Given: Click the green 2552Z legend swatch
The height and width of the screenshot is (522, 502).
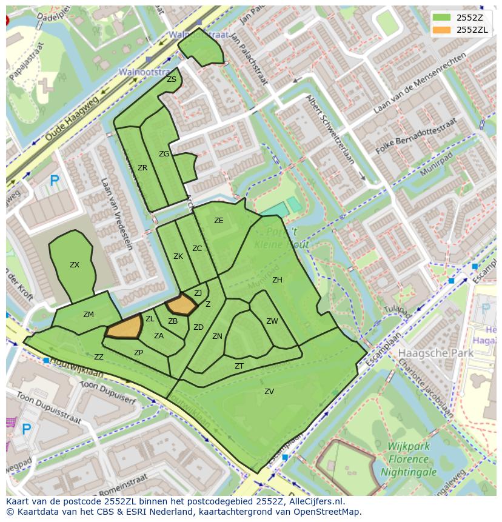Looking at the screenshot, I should [441, 18].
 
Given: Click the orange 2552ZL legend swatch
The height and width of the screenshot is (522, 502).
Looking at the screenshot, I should [441, 30].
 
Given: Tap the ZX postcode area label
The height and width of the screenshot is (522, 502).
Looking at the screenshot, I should [75, 265].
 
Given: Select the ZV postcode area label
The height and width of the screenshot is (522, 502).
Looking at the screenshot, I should [269, 392].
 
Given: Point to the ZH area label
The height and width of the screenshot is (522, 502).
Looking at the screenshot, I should [277, 280].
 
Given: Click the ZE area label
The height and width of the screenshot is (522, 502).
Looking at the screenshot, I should [219, 221].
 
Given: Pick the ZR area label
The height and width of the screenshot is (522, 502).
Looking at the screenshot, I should [142, 168].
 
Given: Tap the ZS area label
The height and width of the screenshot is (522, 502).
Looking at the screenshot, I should [172, 79].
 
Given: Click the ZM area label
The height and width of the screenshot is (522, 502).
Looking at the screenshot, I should [89, 314].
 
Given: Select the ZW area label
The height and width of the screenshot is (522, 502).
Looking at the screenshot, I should [272, 321].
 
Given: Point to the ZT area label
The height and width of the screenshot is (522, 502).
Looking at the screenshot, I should [239, 366].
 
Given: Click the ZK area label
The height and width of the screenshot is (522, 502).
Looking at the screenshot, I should [178, 256].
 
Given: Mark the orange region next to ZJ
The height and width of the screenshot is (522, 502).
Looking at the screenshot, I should [181, 304].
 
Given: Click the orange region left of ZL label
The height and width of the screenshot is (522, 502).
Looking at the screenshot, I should [125, 327].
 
